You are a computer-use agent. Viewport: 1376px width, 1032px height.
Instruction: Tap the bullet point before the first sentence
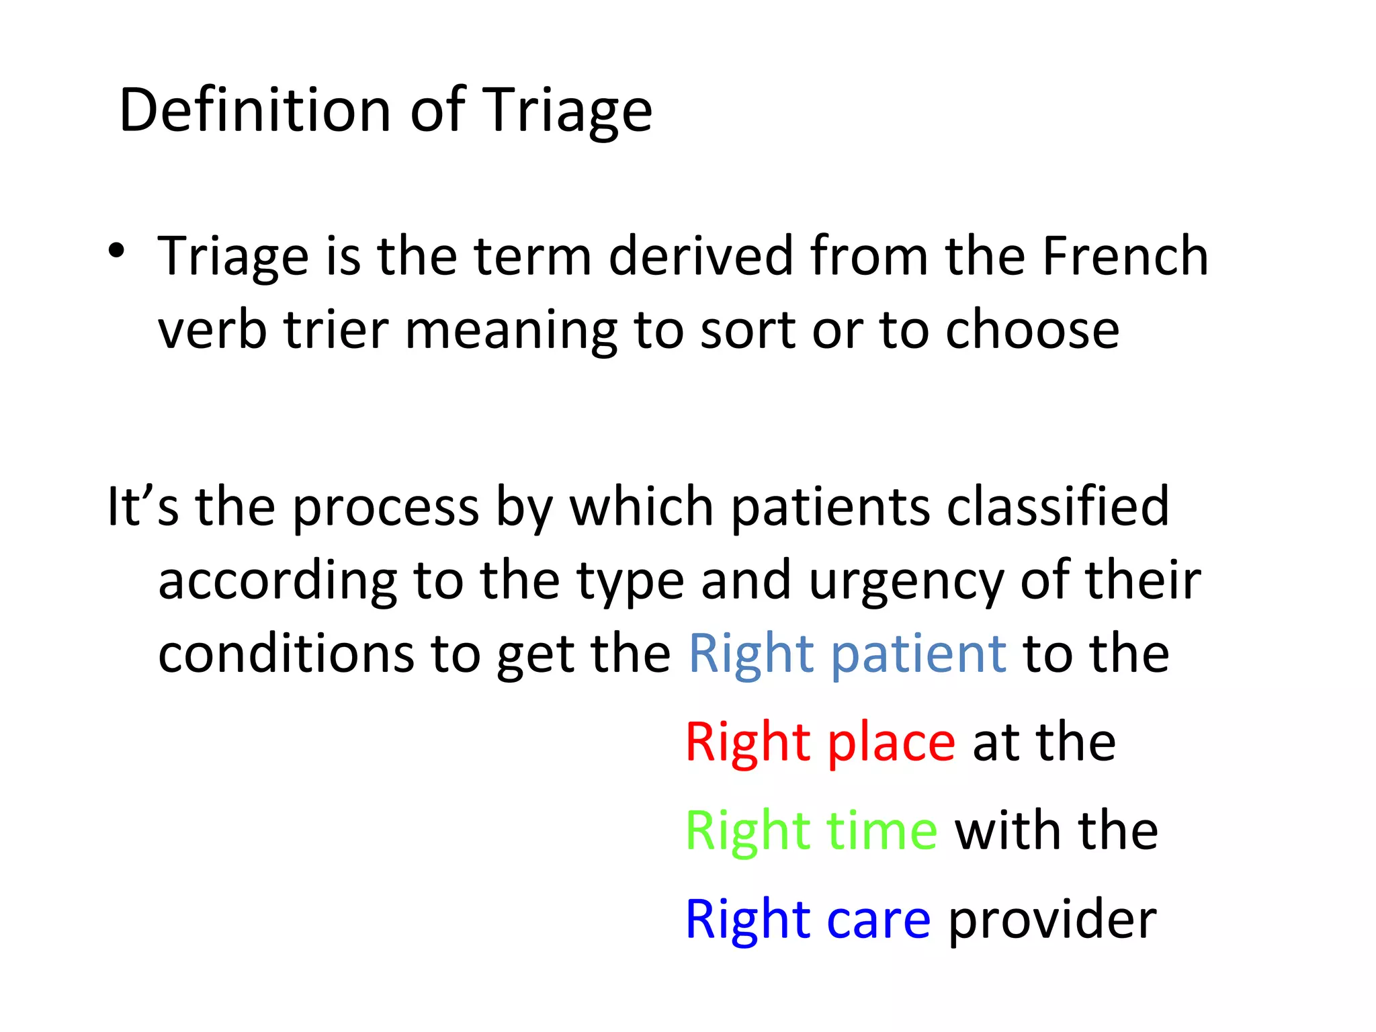point(116,251)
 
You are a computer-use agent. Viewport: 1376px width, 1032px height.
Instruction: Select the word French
point(1125,256)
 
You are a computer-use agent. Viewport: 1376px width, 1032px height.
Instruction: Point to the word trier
point(336,330)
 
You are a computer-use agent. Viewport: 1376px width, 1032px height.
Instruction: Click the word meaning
point(511,331)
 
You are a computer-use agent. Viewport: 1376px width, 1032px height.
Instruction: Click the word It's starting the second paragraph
point(143,506)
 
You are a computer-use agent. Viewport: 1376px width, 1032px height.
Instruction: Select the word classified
point(1058,506)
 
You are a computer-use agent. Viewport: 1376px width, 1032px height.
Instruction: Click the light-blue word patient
point(918,655)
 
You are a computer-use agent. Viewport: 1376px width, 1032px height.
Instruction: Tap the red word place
point(891,743)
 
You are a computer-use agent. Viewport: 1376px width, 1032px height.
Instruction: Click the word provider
point(1052,920)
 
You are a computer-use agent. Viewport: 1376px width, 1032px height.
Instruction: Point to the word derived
point(701,256)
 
